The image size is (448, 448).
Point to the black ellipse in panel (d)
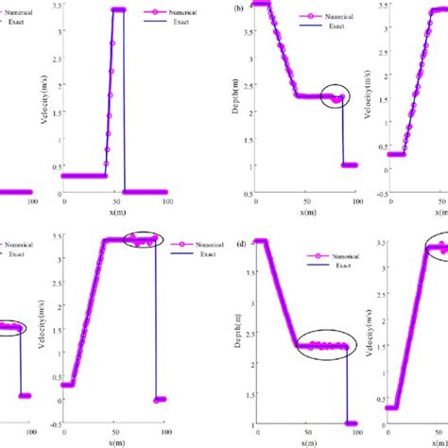[x=324, y=345]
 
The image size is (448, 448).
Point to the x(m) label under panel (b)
[x=308, y=212]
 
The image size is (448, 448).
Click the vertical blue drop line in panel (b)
[x=342, y=132]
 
